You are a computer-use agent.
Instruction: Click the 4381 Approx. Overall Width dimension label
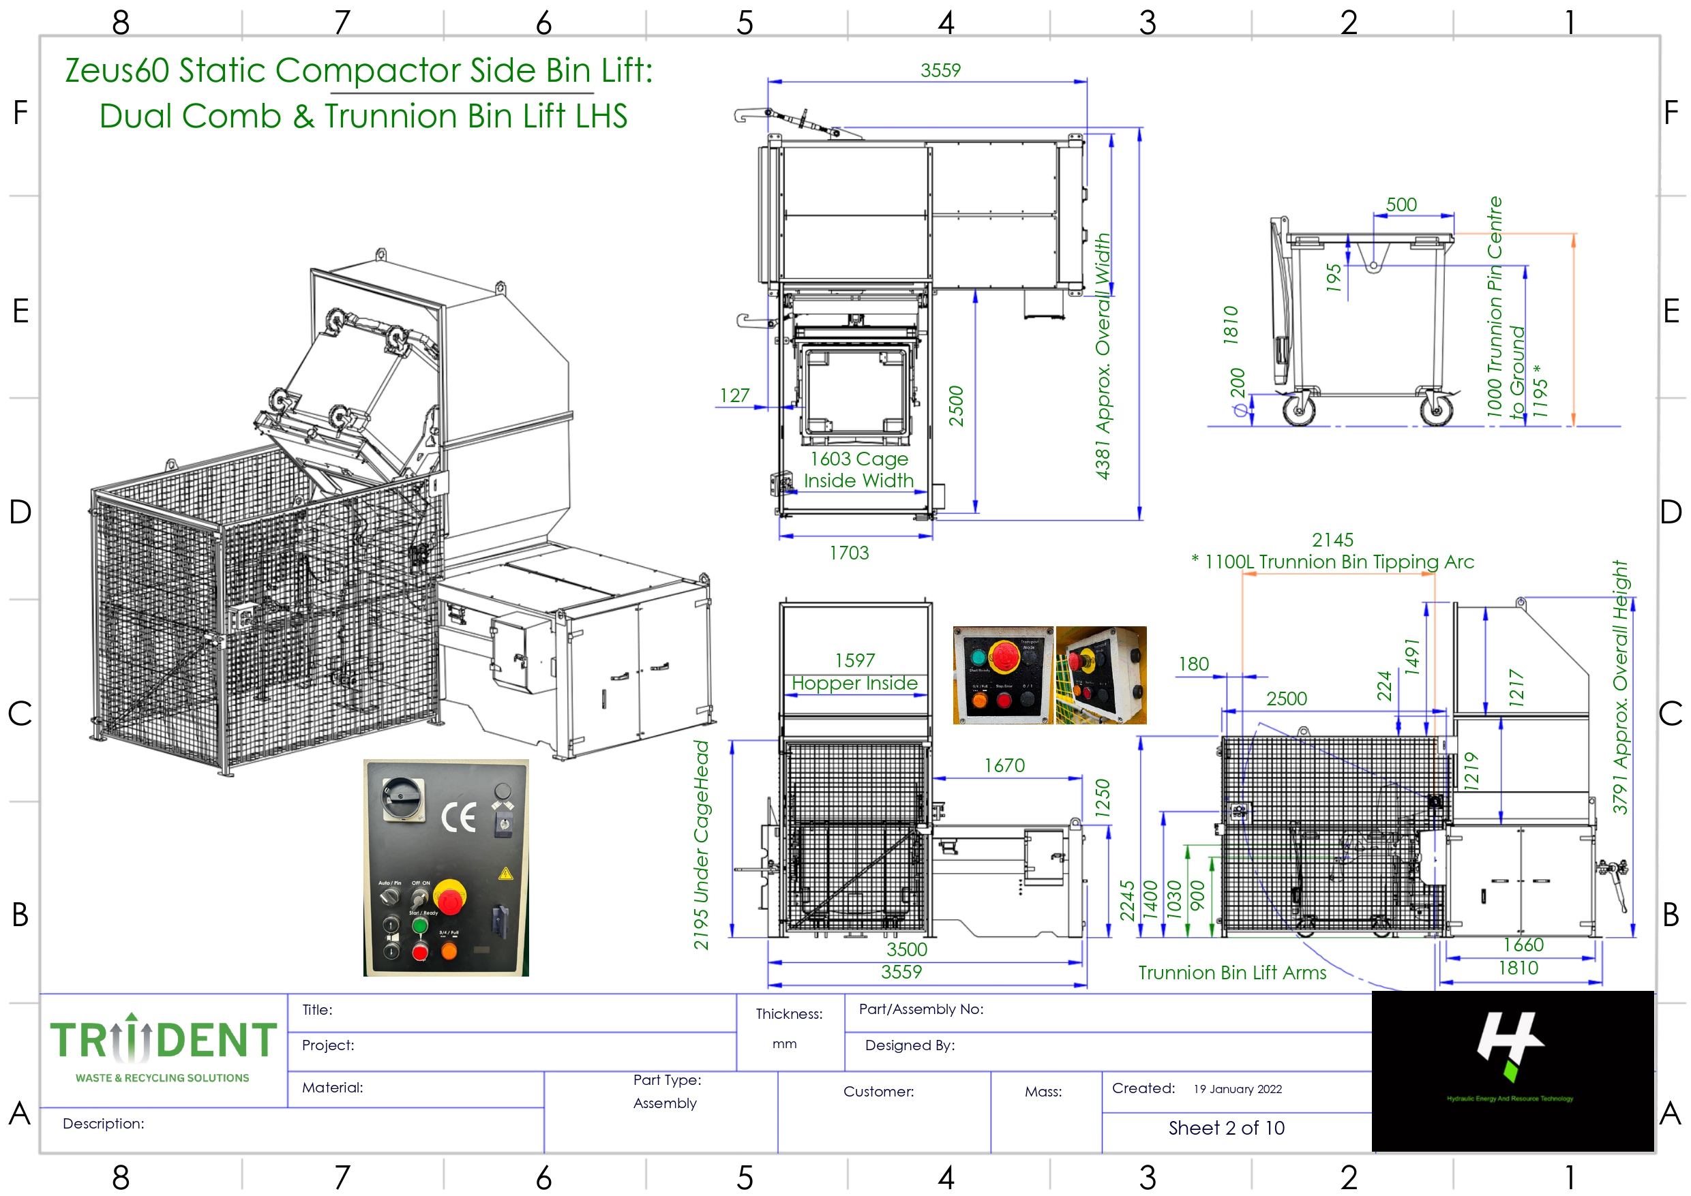tap(1103, 357)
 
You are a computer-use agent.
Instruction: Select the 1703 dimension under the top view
tap(849, 553)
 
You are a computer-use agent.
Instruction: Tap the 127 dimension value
tap(734, 395)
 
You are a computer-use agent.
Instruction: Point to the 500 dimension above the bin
tap(1401, 204)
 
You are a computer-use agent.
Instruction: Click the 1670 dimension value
tap(1004, 766)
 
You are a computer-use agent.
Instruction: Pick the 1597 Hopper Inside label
tap(855, 672)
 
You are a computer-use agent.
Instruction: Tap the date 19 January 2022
tap(1237, 1089)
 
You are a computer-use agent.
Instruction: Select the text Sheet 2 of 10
tap(1226, 1129)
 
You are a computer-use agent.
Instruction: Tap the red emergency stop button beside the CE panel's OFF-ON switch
tap(449, 898)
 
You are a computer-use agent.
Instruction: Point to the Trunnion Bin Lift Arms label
tap(1232, 973)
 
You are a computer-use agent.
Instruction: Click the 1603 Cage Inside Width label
tap(858, 470)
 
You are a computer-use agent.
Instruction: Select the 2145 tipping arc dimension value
tap(1332, 540)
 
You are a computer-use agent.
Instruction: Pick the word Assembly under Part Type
tap(665, 1103)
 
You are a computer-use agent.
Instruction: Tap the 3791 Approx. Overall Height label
tap(1620, 686)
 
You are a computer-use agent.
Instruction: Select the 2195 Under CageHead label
tap(701, 846)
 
